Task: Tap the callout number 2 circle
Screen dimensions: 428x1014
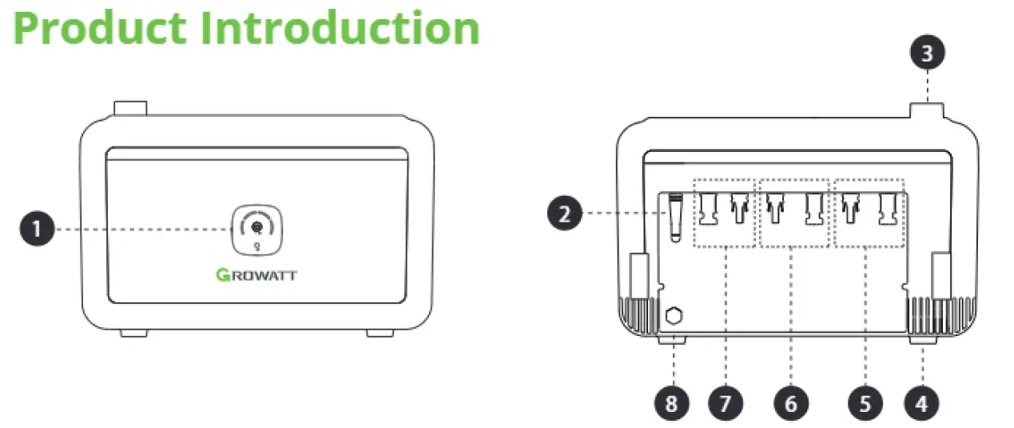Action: (565, 214)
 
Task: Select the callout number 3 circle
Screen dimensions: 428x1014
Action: (927, 54)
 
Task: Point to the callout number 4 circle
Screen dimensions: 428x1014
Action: (921, 402)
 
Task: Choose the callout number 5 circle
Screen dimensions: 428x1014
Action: (865, 402)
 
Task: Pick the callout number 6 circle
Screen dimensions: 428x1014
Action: (790, 402)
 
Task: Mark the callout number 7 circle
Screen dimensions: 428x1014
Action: (725, 402)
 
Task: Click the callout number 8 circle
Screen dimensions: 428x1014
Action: (671, 402)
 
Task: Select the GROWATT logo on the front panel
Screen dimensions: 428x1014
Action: (256, 276)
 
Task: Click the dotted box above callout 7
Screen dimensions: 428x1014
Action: (724, 213)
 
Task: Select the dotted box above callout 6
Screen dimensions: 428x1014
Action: (791, 213)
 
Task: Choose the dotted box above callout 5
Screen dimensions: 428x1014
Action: (869, 213)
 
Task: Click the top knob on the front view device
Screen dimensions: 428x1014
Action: (130, 109)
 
